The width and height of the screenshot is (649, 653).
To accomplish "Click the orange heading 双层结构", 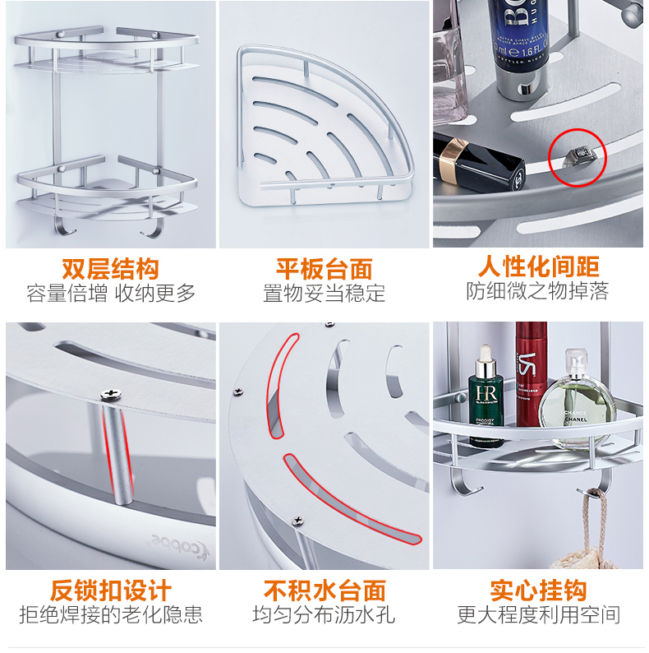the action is click(110, 269).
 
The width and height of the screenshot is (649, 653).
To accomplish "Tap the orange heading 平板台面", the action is click(324, 269).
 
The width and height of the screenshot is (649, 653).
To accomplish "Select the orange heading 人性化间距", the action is click(538, 266).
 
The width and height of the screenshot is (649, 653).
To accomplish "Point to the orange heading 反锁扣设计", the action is click(111, 590).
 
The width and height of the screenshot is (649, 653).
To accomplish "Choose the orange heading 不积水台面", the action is click(324, 590).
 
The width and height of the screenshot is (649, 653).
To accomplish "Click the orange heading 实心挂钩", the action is click(538, 590).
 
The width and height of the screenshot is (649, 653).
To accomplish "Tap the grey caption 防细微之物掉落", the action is click(537, 290).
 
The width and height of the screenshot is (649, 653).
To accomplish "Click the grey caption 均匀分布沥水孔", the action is click(324, 614).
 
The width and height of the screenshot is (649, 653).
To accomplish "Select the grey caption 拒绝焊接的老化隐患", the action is click(111, 614).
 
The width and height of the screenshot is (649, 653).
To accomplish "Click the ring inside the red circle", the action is click(580, 156).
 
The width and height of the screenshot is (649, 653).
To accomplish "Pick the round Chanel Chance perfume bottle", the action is click(578, 400).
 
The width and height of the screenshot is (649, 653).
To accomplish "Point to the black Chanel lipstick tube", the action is click(478, 164).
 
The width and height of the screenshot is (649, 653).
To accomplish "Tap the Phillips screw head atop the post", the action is click(111, 394).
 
